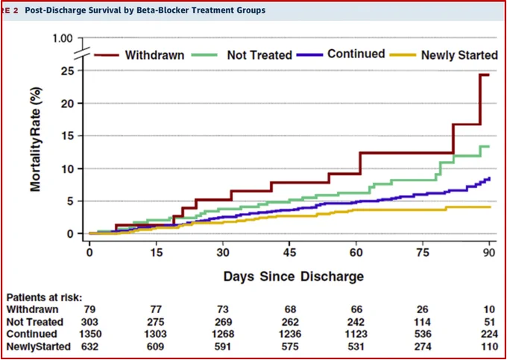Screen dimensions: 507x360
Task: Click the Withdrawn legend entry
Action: click(x=139, y=55)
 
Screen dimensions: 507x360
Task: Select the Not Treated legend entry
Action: click(x=242, y=55)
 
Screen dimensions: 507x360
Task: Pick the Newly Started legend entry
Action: click(x=444, y=55)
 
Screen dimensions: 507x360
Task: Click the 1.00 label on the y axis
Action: click(x=63, y=39)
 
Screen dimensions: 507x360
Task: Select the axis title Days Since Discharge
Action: click(x=294, y=277)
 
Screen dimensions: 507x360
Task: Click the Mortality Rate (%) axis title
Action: click(x=36, y=139)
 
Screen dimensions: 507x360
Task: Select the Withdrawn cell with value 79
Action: click(x=89, y=309)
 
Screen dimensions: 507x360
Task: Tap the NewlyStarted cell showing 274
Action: click(x=422, y=347)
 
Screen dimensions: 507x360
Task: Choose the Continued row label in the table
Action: click(x=31, y=334)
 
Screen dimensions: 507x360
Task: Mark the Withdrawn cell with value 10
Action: click(x=490, y=309)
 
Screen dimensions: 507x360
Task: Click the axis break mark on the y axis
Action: click(x=83, y=53)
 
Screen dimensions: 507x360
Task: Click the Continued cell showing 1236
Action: click(x=290, y=334)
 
